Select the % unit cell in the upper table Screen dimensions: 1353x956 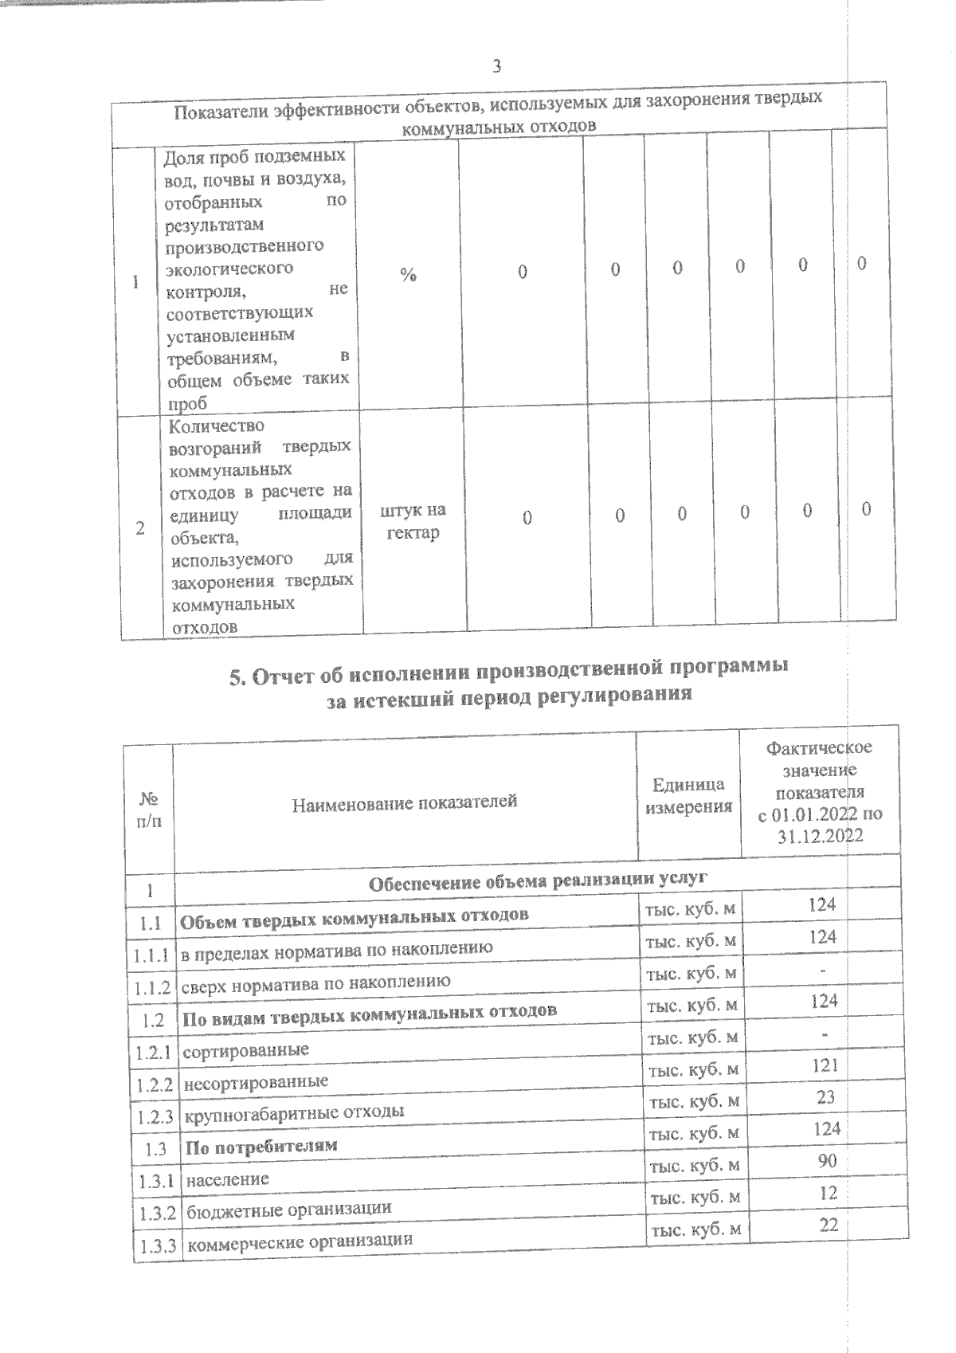coord(408,274)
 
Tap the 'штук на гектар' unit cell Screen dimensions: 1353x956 coord(414,521)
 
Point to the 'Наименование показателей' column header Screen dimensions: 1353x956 coord(405,802)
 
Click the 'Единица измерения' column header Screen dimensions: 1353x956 coord(688,795)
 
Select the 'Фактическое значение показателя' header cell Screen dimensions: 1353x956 coord(820,792)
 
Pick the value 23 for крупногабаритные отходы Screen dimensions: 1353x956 coord(825,1097)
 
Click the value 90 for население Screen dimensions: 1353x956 coord(827,1161)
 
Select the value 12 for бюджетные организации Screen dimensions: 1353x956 coord(828,1193)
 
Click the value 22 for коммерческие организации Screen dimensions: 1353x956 coord(829,1226)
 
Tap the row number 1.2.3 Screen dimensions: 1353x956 coord(155,1117)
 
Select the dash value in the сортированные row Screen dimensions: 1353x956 coord(825,1033)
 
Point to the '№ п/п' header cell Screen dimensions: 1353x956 coord(149,809)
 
